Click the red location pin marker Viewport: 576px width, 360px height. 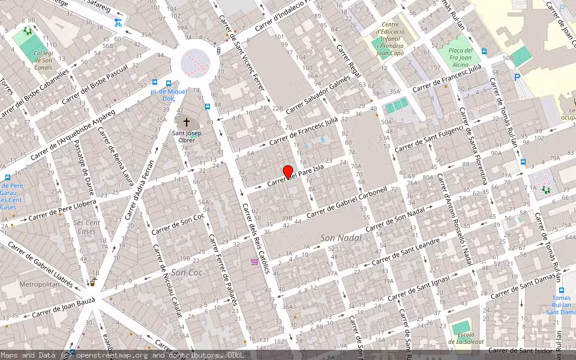[288, 172]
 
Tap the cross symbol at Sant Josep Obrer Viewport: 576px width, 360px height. [187, 122]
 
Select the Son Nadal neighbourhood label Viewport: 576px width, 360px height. [341, 238]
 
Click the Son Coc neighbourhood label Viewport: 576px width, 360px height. [187, 272]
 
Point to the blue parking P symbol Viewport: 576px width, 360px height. [517, 77]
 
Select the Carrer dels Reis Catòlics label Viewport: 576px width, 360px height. [254, 238]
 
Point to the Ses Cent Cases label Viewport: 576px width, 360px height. [88, 227]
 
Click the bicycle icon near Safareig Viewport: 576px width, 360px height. [118, 23]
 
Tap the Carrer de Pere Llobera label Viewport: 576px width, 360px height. [62, 211]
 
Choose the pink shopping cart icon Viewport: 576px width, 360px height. [254, 262]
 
